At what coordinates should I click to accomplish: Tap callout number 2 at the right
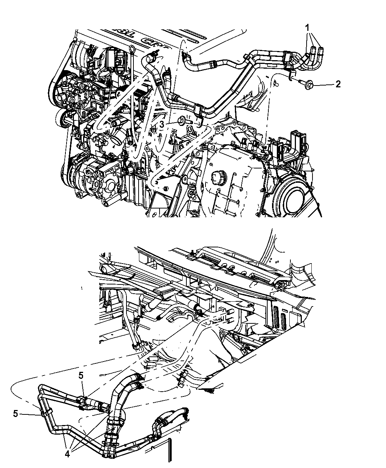(338, 84)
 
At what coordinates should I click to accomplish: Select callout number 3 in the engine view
(161, 125)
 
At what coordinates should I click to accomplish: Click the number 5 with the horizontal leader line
(15, 414)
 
